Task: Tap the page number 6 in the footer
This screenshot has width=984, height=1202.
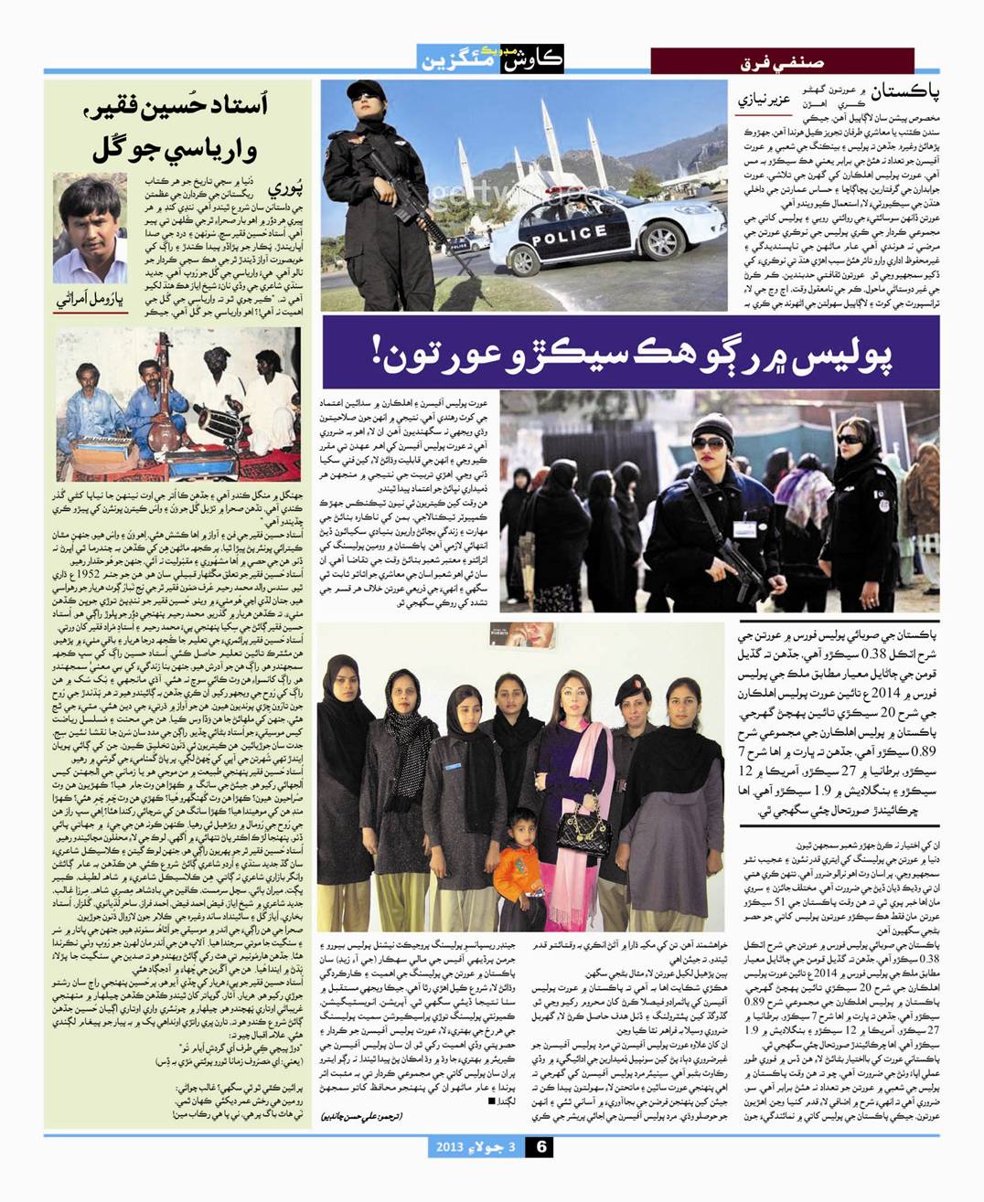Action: point(540,1147)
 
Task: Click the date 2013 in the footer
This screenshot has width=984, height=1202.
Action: point(454,1147)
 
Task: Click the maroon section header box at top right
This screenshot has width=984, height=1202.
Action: point(782,61)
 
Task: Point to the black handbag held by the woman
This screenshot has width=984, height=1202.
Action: point(583,828)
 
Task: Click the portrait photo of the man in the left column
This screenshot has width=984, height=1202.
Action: point(90,229)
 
